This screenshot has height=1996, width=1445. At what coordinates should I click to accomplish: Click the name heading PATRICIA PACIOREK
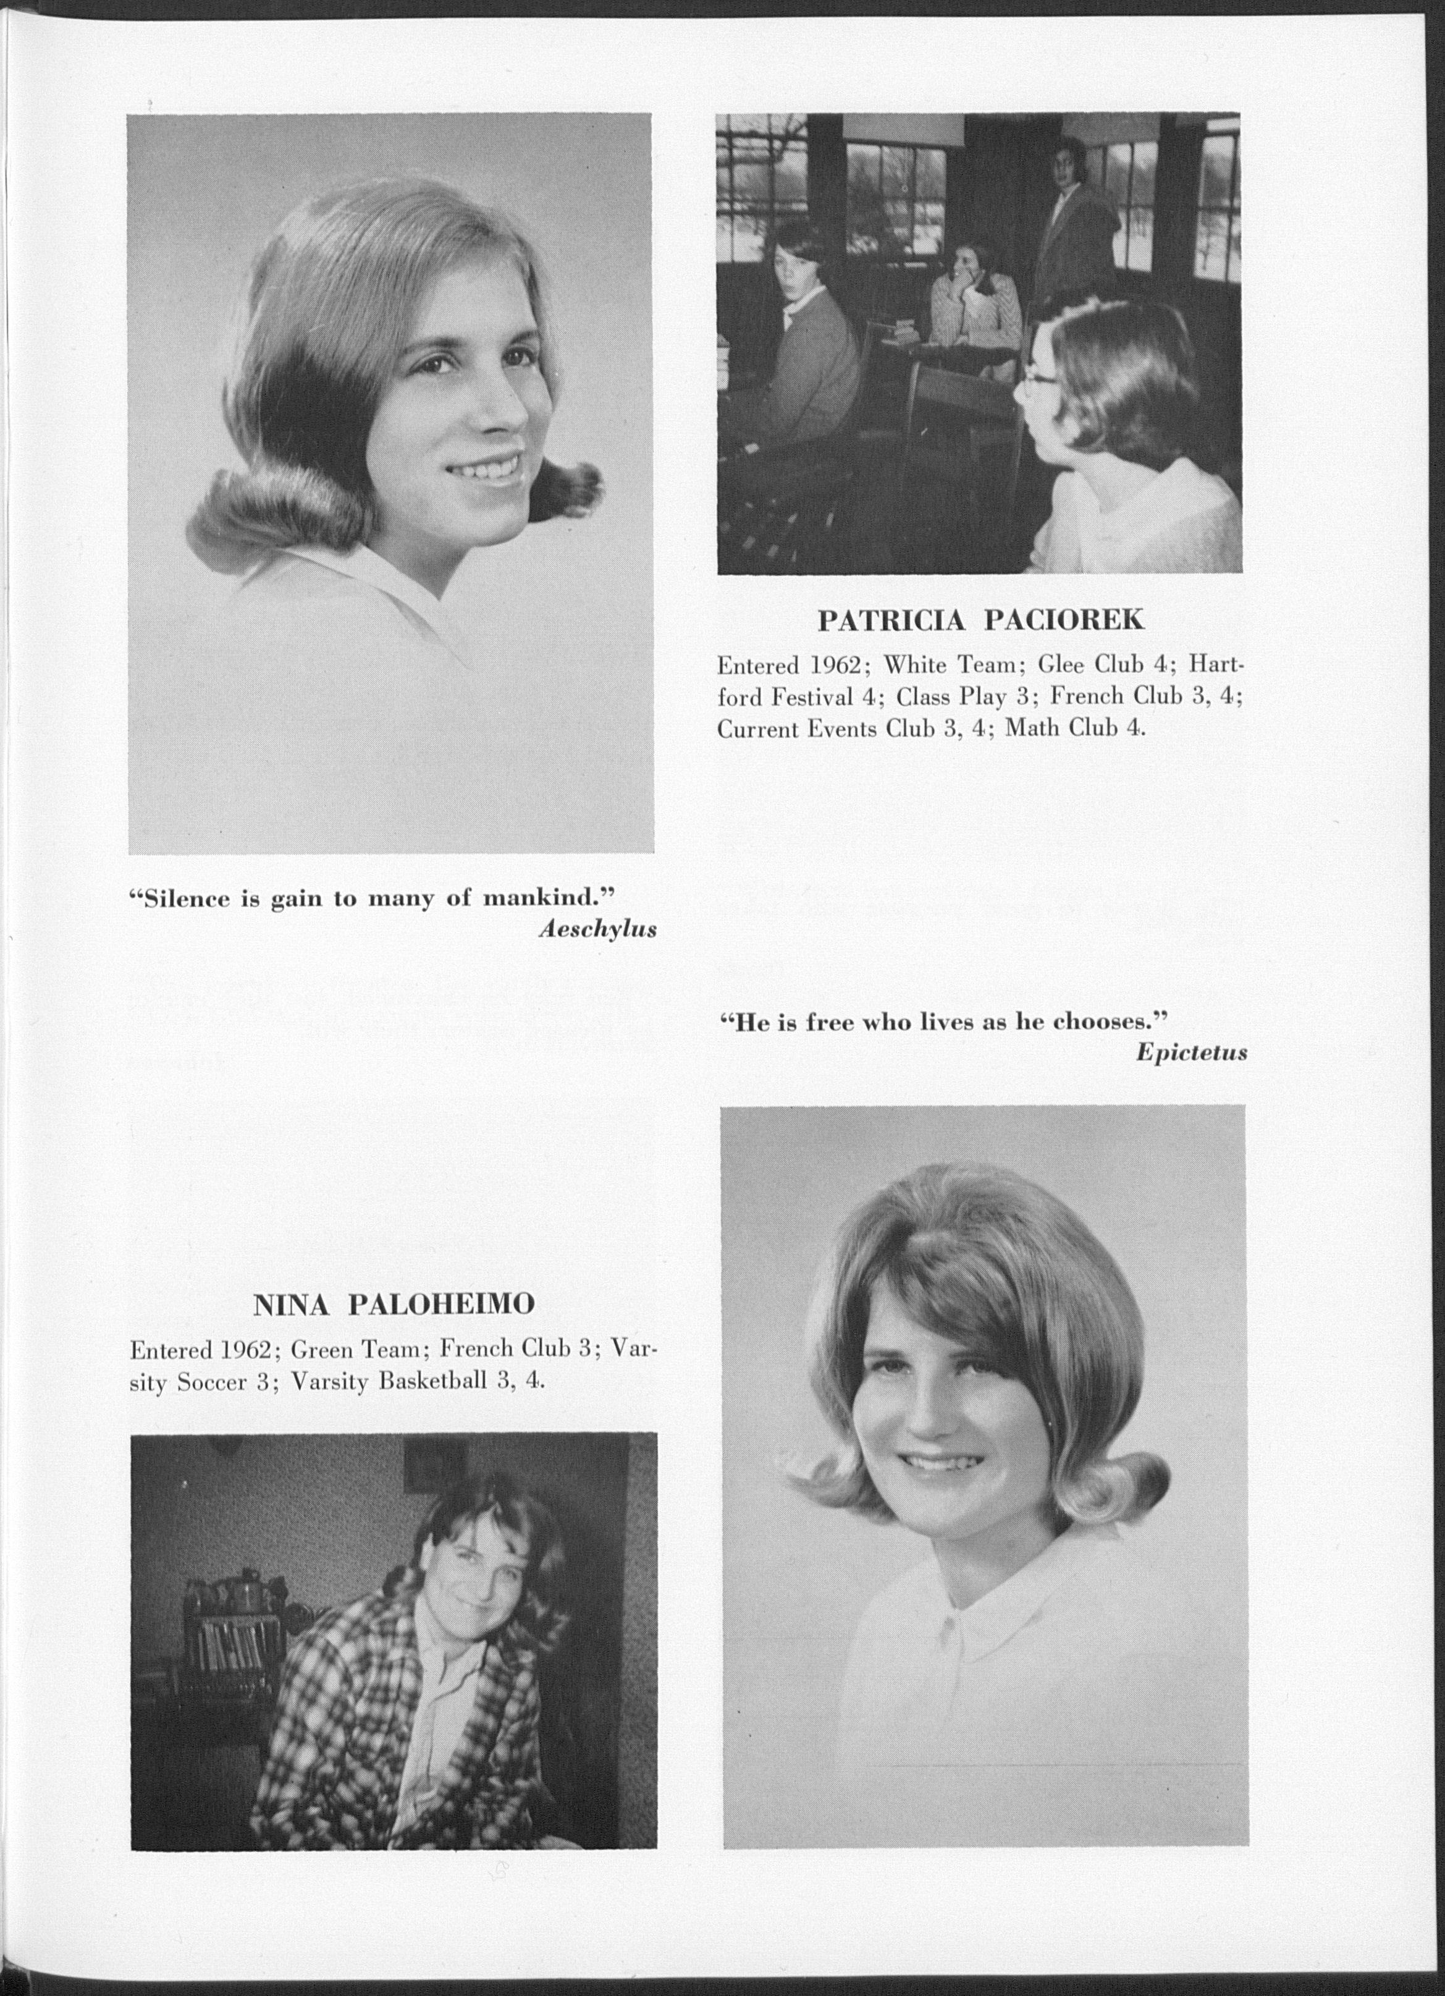click(x=980, y=620)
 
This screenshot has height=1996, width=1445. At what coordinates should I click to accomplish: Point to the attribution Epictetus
click(x=1190, y=1052)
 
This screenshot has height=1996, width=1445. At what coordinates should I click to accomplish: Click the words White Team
click(x=950, y=664)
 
